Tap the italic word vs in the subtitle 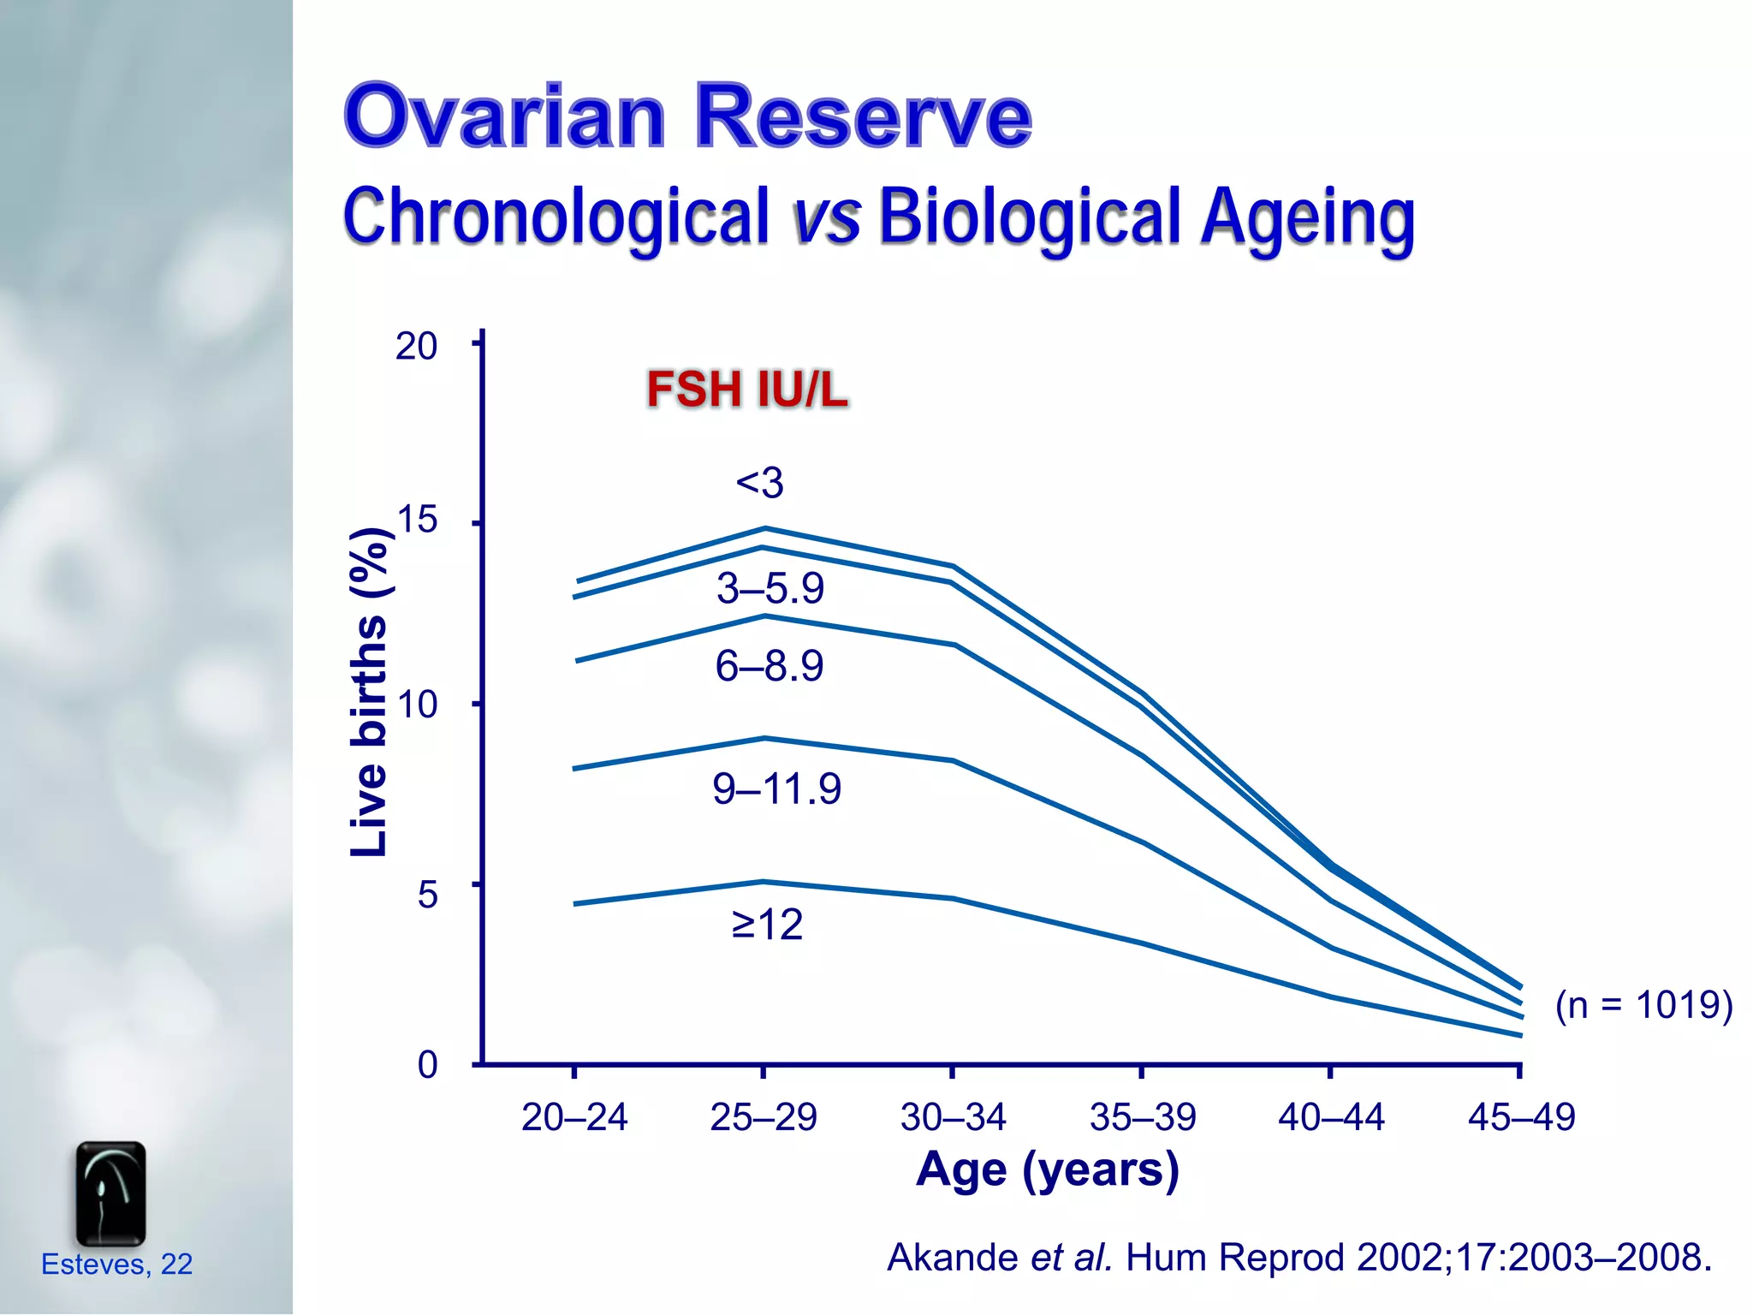[x=825, y=216]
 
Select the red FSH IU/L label [x=746, y=390]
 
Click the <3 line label [x=759, y=483]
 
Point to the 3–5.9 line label [x=770, y=589]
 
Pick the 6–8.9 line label [x=769, y=666]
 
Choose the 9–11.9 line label [x=776, y=788]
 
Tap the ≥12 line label [x=767, y=925]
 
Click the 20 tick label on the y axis [x=416, y=347]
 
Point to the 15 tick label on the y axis [x=417, y=521]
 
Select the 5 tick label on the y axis [x=427, y=896]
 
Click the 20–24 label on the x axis [x=574, y=1117]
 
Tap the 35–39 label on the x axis [x=1143, y=1117]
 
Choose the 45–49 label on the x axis [x=1521, y=1117]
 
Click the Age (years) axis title [x=1047, y=1169]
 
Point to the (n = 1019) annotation [x=1643, y=1005]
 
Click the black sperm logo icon [x=110, y=1193]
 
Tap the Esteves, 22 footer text [x=116, y=1264]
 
